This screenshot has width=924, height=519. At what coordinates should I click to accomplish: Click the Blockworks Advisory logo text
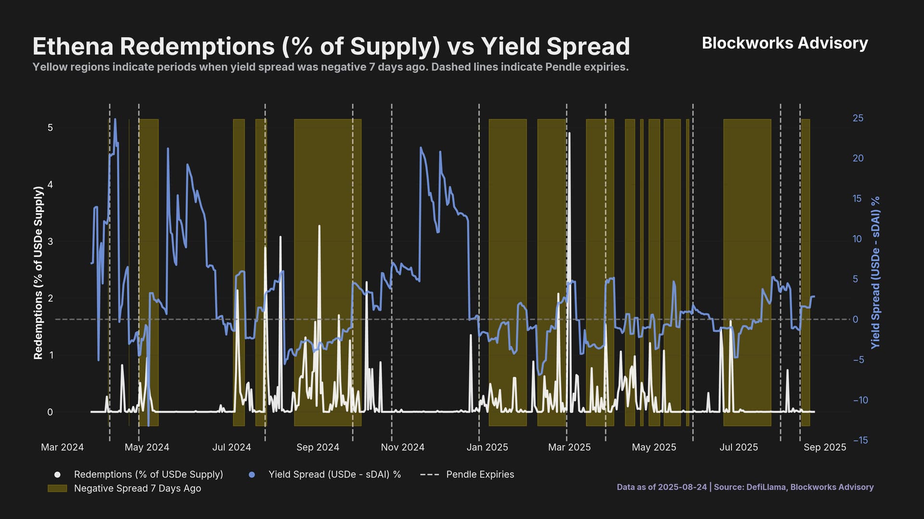[784, 43]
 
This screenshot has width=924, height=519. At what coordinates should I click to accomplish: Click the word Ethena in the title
[73, 47]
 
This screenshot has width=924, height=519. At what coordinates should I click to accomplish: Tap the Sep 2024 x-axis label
[318, 447]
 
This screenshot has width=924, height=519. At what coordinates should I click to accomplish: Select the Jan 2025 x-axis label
[487, 447]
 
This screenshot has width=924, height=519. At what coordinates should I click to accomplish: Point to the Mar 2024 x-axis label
[62, 447]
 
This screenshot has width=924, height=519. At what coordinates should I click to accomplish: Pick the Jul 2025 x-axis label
[738, 447]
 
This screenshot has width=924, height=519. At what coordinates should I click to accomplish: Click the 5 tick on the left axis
[50, 128]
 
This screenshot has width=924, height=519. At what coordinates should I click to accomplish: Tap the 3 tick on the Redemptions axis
[50, 242]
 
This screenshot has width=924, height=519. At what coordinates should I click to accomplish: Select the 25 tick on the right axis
[858, 118]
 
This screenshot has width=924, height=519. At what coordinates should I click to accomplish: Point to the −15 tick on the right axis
[860, 440]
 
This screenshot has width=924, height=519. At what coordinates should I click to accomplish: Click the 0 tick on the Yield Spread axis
[855, 320]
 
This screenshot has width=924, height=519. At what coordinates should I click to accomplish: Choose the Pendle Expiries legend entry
[480, 474]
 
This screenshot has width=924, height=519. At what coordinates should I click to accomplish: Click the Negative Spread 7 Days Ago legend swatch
[57, 488]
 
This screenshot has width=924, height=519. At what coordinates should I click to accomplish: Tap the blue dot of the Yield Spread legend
[252, 475]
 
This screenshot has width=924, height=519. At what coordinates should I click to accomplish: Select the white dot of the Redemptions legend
[57, 475]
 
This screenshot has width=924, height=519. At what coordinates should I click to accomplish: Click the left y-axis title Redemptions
[38, 272]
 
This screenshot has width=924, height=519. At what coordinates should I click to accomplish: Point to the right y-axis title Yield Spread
[875, 272]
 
